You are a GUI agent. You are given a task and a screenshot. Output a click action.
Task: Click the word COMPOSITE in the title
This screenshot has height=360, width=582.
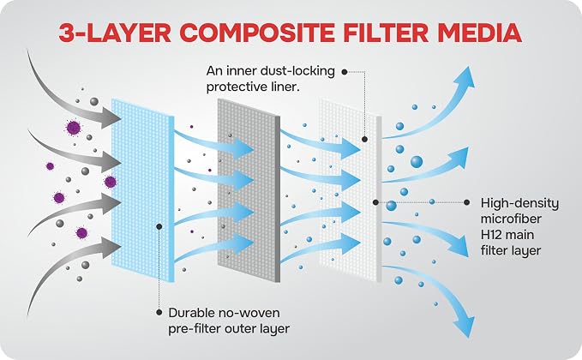coord(258,33)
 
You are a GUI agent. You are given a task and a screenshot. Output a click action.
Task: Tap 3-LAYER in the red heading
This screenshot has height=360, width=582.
coord(115,33)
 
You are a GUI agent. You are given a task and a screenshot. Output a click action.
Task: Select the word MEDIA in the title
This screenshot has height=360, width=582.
coord(479,33)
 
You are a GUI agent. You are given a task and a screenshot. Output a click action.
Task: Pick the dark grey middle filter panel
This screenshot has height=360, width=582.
coord(249,190)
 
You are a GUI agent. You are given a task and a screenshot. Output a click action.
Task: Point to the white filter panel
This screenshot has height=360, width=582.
coord(350,190)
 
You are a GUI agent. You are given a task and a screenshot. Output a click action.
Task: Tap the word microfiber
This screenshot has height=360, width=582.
coord(511,219)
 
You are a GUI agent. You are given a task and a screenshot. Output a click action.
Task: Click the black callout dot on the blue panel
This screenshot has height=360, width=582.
coord(159,226)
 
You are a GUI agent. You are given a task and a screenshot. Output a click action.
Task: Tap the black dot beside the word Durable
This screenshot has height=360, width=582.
coord(159,313)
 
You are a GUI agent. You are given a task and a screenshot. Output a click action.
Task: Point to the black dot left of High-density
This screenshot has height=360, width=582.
coord(466,202)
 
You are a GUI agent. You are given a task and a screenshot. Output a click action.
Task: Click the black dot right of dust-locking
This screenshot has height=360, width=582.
coord(345,72)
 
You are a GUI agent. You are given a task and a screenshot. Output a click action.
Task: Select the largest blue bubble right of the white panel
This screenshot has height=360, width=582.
coord(417,162)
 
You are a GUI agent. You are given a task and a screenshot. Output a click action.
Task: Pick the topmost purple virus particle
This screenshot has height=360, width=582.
coord(74,128)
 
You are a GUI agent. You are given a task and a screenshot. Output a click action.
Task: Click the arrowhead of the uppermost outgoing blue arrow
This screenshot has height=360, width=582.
coord(466,79)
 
